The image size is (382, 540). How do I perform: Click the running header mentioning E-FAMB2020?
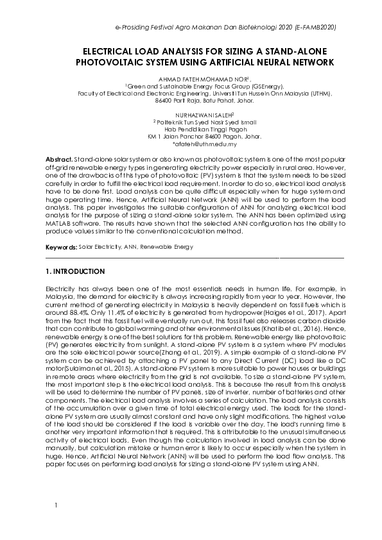coord(225,29)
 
